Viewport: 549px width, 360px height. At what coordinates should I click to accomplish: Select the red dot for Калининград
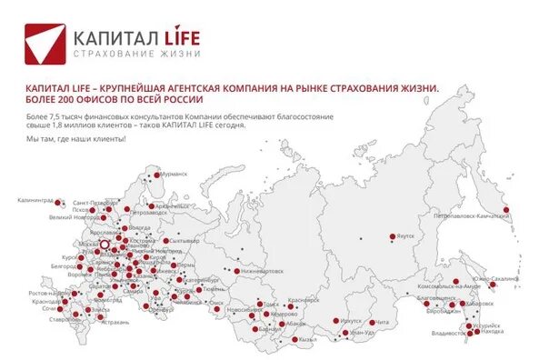(60, 203)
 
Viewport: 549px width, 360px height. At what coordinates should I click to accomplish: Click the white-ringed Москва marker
(104, 245)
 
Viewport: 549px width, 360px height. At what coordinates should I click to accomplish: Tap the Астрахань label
(108, 320)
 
